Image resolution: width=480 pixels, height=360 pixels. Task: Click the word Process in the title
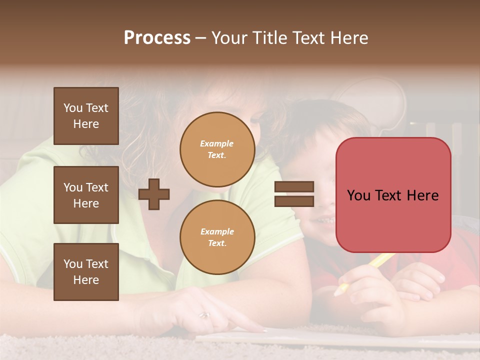coord(157,38)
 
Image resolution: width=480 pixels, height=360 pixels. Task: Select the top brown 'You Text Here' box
coord(86,116)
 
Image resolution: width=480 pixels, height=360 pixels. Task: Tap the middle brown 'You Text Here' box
coord(86,195)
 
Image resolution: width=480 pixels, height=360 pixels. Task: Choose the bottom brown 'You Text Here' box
coord(86,272)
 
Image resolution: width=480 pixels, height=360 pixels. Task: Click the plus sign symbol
coord(154,194)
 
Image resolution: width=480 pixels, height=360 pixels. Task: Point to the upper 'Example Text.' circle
coord(217,149)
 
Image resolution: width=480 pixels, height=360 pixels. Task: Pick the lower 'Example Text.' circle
coord(217,237)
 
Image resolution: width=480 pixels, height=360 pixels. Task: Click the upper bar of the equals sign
coord(294,187)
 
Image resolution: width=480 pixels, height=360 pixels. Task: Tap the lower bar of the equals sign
coord(294,201)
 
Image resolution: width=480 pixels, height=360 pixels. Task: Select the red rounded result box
coord(393,195)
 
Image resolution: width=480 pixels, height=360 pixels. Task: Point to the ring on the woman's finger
coord(204,315)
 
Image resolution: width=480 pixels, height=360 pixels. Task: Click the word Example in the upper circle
coord(216,144)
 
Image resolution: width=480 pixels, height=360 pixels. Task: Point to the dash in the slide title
coord(200,38)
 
